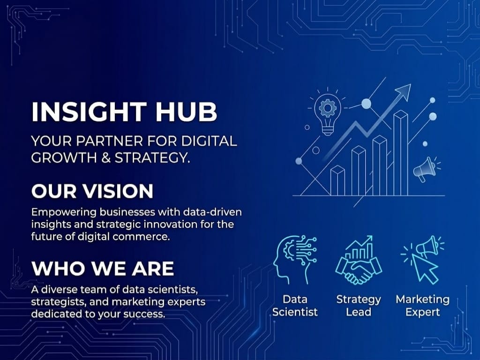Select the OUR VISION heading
pos(92,191)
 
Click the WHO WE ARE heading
pos(103,268)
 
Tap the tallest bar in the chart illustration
pos(400,152)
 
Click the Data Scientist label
pos(295,305)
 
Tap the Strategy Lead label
pos(359,305)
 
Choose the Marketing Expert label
pos(422,305)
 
